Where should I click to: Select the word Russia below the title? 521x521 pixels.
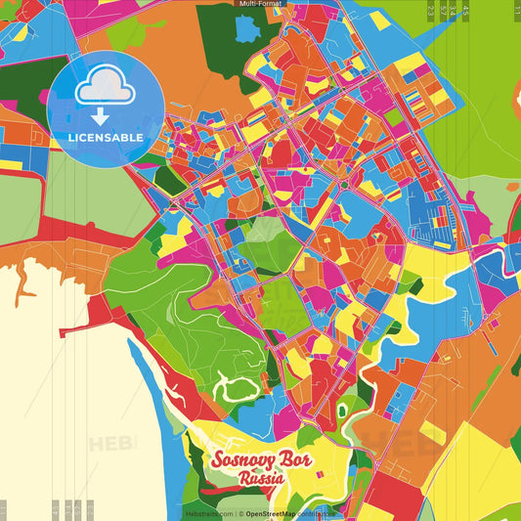[x=260, y=479]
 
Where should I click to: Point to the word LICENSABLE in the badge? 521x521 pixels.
[x=106, y=138]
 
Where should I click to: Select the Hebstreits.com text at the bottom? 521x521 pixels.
[x=207, y=513]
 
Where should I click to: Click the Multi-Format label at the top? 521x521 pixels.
[x=261, y=4]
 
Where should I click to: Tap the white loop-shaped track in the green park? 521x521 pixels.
[x=233, y=390]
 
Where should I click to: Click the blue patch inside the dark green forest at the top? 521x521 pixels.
[x=246, y=29]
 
